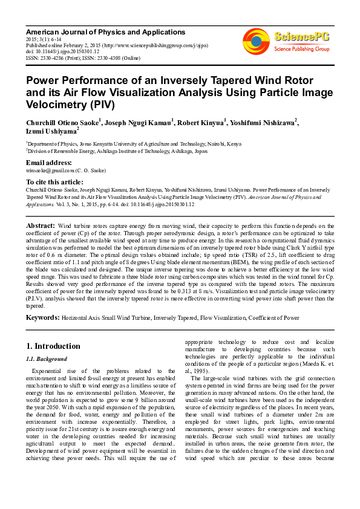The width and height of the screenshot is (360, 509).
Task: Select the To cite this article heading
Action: tap(54, 182)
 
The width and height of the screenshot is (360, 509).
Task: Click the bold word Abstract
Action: tap(40, 225)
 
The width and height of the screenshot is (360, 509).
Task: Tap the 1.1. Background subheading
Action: tap(46, 359)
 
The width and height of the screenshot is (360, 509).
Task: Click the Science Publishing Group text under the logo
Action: tap(301, 48)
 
